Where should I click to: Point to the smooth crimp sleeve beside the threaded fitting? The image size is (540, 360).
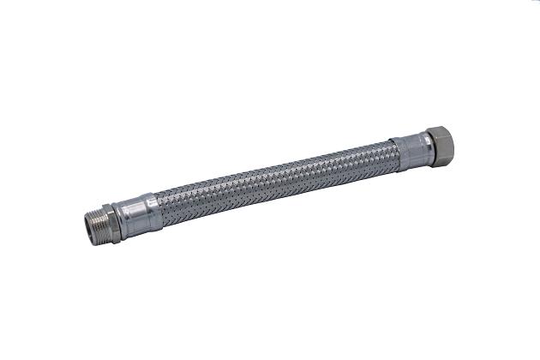[138, 213]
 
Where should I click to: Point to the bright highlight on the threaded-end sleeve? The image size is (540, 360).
[137, 207]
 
